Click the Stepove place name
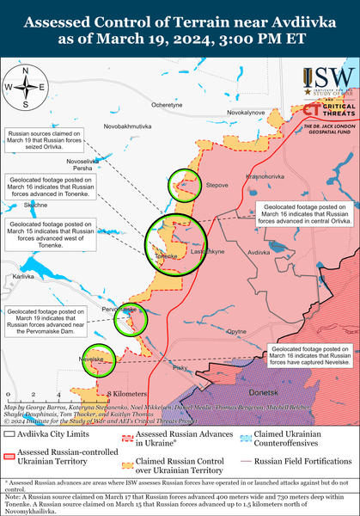217,184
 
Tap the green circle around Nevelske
99,361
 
